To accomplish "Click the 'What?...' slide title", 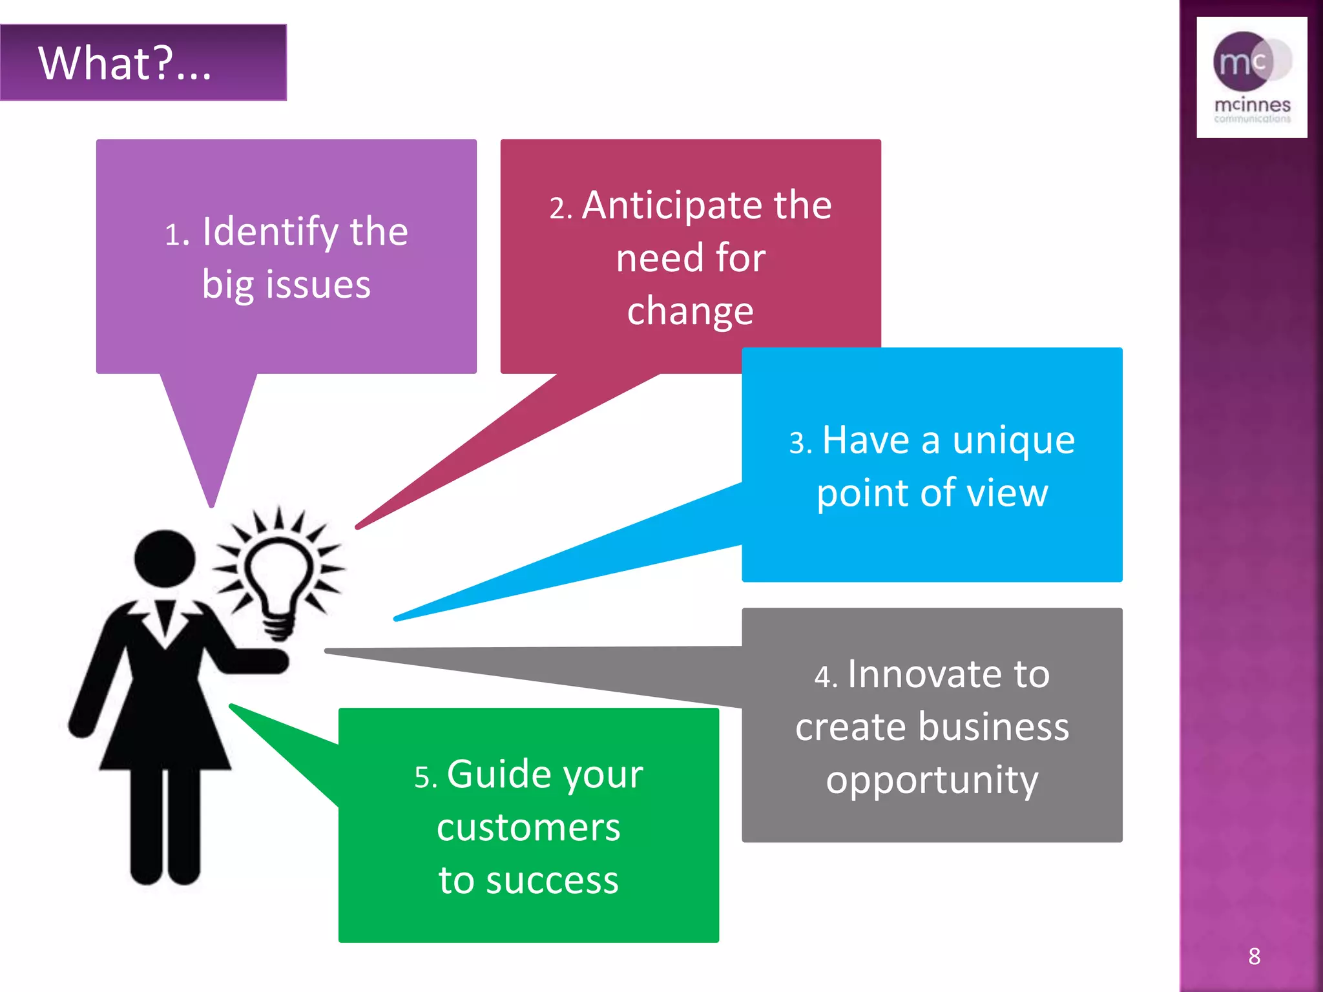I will [x=125, y=63].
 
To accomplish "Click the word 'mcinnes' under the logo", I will [x=1252, y=105].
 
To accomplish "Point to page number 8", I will [x=1254, y=956].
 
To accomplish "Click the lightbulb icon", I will [x=279, y=578].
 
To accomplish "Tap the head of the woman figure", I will [x=165, y=559].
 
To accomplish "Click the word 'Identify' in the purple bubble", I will [x=271, y=232].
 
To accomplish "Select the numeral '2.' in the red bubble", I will [x=561, y=209].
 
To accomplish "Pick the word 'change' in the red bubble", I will [x=690, y=312].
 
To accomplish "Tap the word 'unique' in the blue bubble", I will [x=1013, y=442].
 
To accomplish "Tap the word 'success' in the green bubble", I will [x=552, y=881].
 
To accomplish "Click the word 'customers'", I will [x=528, y=828].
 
